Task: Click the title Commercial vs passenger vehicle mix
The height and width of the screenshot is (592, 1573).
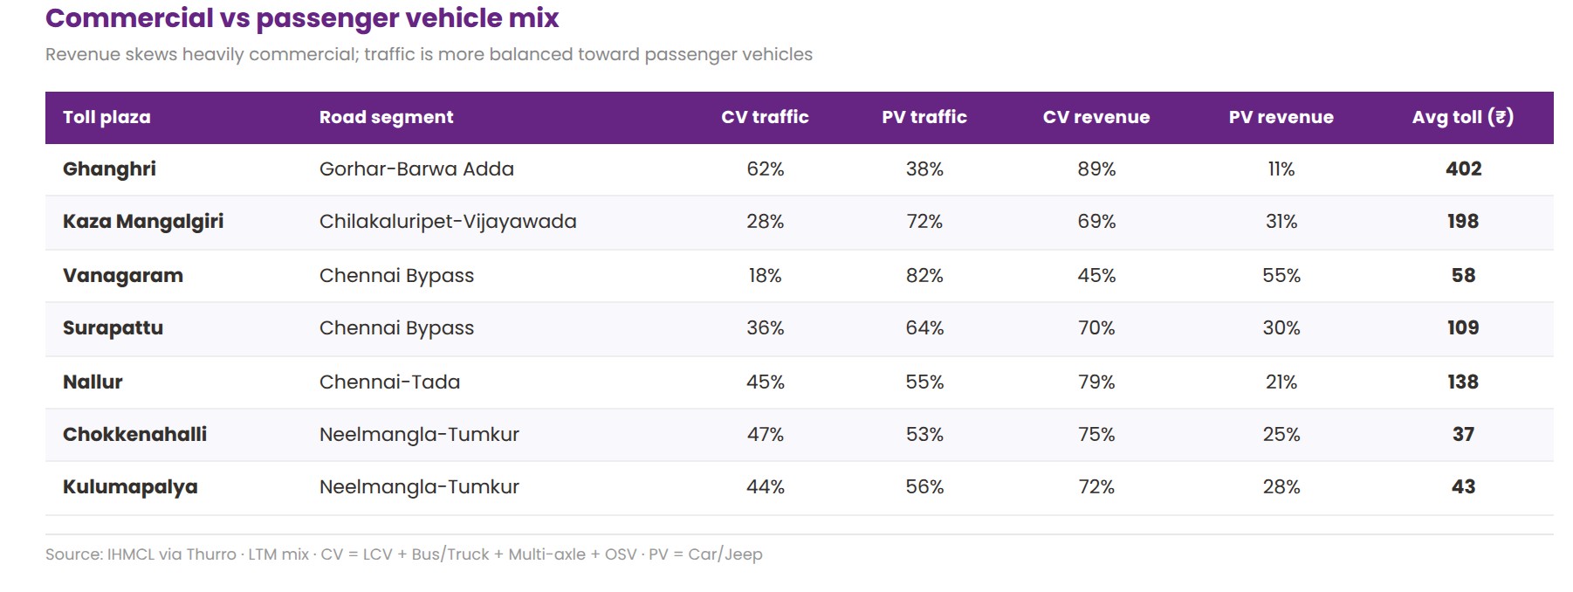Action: tap(302, 18)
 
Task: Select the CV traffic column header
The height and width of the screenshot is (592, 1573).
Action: tap(765, 117)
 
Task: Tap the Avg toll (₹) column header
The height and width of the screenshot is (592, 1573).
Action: tap(1462, 117)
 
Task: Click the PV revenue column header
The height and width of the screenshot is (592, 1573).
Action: tap(1281, 117)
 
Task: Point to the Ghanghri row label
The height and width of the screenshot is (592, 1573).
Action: tap(109, 169)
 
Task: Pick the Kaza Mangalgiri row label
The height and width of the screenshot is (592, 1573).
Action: tap(143, 221)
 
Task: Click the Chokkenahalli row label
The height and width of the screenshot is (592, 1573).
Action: tap(134, 434)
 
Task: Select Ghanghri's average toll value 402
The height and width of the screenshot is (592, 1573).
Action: tap(1463, 169)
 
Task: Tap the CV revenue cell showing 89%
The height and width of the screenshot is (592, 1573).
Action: tap(1096, 169)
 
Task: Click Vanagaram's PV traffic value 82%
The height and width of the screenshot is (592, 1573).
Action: tap(924, 275)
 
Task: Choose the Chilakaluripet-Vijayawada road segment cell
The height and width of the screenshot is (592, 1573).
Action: tap(448, 221)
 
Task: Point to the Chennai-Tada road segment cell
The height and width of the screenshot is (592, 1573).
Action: tap(389, 382)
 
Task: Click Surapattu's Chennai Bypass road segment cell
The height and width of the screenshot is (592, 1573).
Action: tap(396, 327)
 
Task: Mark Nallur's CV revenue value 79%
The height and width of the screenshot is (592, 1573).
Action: tap(1096, 382)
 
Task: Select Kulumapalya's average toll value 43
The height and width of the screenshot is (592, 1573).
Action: tap(1463, 486)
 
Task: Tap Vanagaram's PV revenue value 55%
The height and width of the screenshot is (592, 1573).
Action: tap(1281, 275)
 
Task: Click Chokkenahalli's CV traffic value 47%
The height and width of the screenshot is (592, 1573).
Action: tap(765, 434)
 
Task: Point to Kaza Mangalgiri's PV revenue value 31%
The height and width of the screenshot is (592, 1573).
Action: tap(1281, 221)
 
